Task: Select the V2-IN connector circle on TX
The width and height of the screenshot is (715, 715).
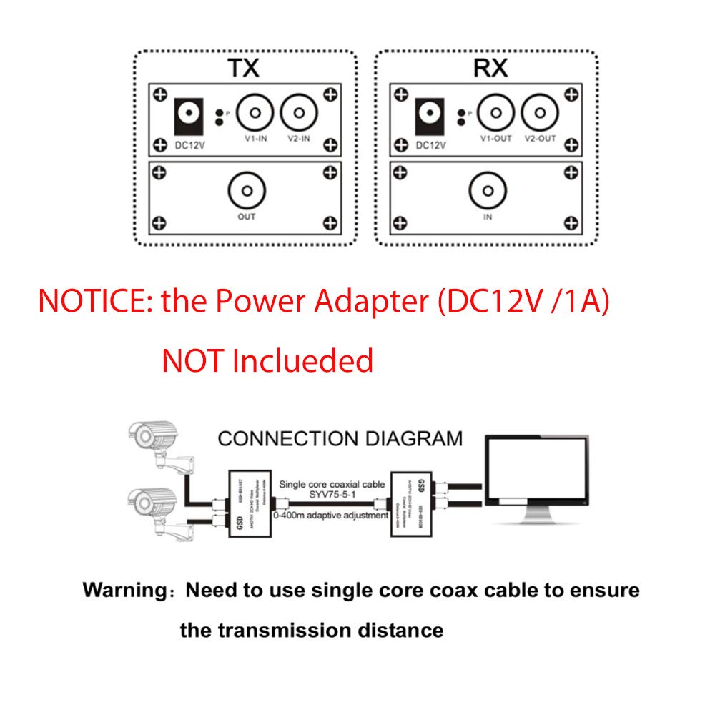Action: point(299,113)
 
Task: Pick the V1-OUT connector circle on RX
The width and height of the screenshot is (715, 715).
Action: point(495,113)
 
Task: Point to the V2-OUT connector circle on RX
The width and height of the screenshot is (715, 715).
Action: point(538,113)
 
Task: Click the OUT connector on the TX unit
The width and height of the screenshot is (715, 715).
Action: point(247,192)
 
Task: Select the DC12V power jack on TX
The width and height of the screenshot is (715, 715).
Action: point(189,114)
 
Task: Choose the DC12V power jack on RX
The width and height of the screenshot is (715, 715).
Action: point(430,114)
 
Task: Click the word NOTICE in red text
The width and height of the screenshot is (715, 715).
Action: point(96,301)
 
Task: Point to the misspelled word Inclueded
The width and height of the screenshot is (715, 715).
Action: point(302,360)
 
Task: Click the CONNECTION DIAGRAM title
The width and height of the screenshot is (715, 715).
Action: point(340,438)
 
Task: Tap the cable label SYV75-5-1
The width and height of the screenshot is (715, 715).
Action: point(333,497)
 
